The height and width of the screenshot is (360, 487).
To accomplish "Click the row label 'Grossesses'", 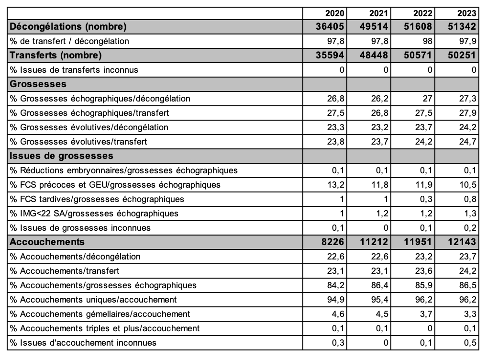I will pos(38,84).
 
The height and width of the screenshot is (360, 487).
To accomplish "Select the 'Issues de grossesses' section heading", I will pos(61,156).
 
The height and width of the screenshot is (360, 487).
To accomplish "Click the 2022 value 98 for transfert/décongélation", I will pos(427,41).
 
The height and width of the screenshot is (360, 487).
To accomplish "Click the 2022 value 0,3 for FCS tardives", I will pos(426,199).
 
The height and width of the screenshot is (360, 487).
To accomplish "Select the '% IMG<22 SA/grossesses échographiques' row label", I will pos(94,214).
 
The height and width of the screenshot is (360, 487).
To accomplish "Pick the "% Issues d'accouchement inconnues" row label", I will pos(83,343).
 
